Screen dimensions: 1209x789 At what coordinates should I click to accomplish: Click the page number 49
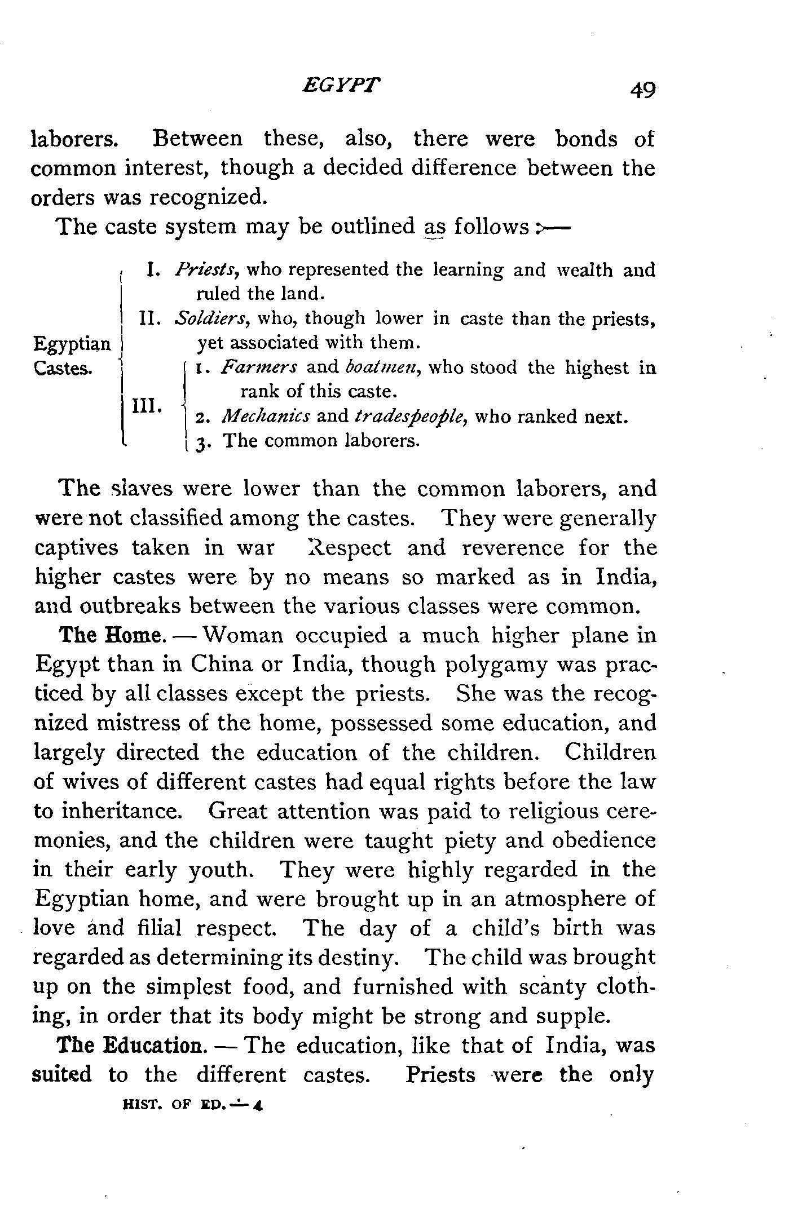[643, 90]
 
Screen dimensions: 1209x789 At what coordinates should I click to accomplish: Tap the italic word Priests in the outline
[208, 270]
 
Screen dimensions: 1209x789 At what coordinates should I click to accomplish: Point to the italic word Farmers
[259, 368]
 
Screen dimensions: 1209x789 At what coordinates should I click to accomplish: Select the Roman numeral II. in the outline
[151, 319]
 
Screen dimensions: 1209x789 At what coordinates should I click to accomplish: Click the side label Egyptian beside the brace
[73, 343]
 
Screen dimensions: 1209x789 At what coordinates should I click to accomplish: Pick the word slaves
[142, 489]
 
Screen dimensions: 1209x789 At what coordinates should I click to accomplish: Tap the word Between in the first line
[198, 139]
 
